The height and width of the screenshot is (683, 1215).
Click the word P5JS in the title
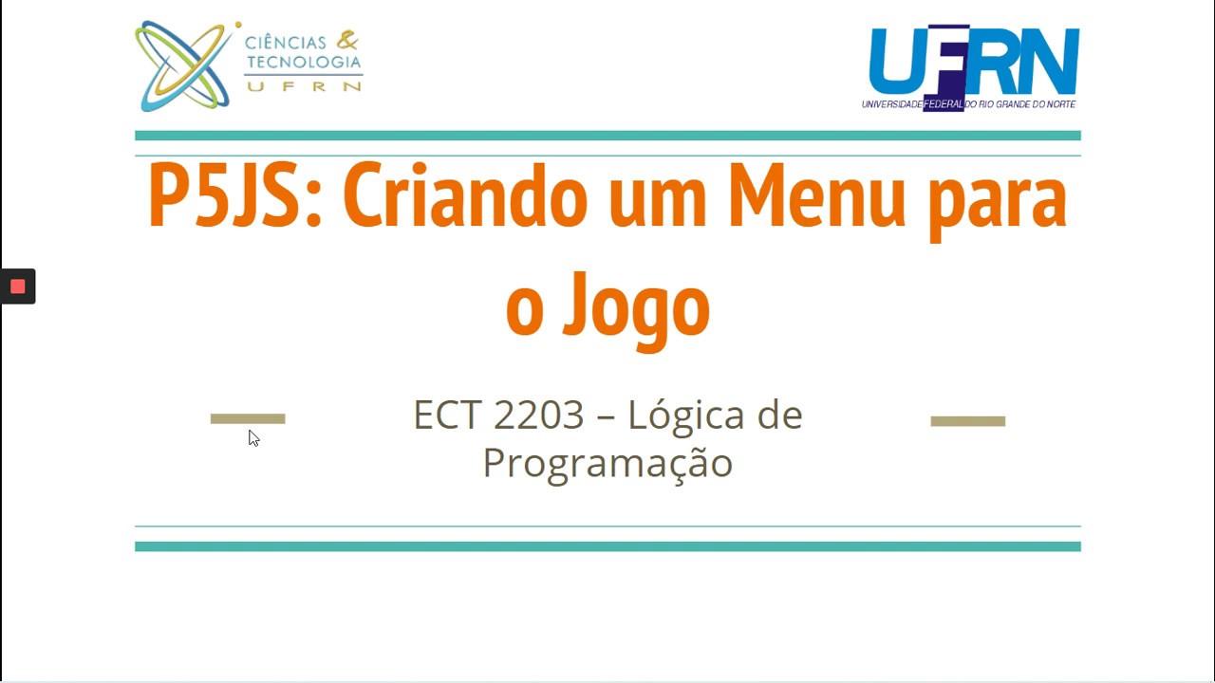226,197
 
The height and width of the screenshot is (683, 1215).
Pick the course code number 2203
538,415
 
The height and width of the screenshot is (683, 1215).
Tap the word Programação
607,463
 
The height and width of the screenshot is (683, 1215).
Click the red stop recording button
17,286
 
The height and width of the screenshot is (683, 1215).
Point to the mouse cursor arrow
253,437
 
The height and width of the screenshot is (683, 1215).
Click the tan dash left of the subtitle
248,418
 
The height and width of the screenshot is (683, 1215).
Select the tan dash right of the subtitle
967,421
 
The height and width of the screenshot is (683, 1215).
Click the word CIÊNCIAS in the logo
285,43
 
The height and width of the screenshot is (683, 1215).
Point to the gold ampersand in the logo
348,40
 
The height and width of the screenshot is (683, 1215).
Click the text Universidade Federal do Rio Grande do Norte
968,104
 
